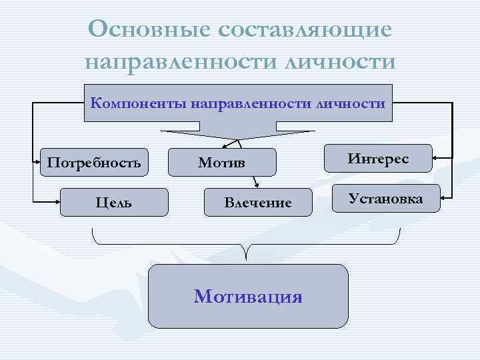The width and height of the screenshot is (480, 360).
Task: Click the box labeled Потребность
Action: tap(93, 161)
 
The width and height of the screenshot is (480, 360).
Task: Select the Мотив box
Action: tap(221, 162)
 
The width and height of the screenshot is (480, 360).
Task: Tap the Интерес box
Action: tap(378, 159)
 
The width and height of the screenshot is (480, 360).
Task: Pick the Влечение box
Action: tap(258, 202)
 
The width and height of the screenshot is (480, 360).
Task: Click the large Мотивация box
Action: tap(248, 296)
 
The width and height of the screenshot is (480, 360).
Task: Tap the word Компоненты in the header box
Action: tap(137, 103)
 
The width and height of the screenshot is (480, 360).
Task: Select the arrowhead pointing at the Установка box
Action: tap(445, 198)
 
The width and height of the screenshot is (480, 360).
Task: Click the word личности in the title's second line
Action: tap(339, 62)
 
